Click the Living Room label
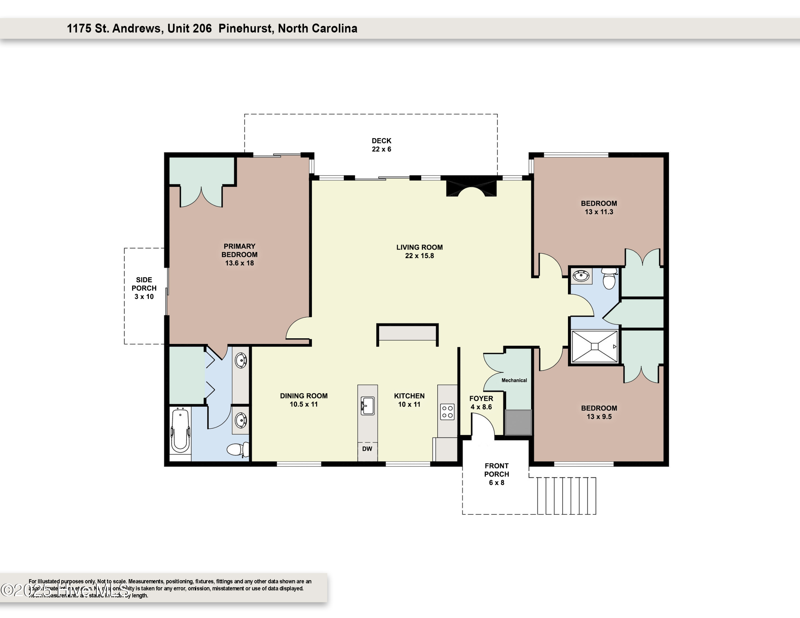coord(419,247)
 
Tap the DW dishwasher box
coord(367,449)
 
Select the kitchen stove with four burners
coord(447,412)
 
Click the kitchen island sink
coord(367,406)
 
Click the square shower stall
coord(594,346)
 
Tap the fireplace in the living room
coord(471,188)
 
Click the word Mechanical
coord(514,380)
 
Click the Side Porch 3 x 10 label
coord(144,288)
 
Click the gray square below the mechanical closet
coord(518,423)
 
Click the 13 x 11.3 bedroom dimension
coord(599,212)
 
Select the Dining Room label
coord(304,396)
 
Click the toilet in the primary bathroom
coord(237,449)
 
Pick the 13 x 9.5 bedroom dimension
coord(599,417)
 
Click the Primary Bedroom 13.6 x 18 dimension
coord(239,263)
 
